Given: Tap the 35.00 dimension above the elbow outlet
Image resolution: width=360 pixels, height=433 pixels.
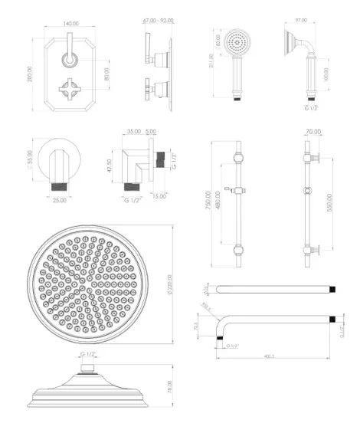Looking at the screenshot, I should (133, 131).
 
